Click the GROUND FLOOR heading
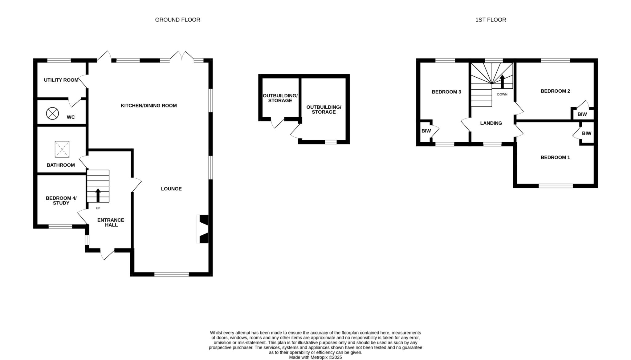[177, 20]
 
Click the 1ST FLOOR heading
[491, 20]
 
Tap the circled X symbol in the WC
[52, 113]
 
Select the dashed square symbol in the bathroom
[62, 149]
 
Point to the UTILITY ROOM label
[61, 80]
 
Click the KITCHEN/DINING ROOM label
[149, 106]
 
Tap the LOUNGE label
[171, 189]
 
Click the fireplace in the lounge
[203, 229]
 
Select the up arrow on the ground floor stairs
[98, 195]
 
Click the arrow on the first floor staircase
[502, 82]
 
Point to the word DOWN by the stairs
[502, 94]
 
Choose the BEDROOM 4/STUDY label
[61, 200]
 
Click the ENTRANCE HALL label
[111, 222]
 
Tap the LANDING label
[491, 123]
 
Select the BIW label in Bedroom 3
[426, 131]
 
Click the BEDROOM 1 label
[555, 157]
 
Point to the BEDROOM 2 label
[555, 91]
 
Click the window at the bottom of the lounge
[172, 274]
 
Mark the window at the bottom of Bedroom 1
[556, 186]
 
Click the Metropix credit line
[315, 358]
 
